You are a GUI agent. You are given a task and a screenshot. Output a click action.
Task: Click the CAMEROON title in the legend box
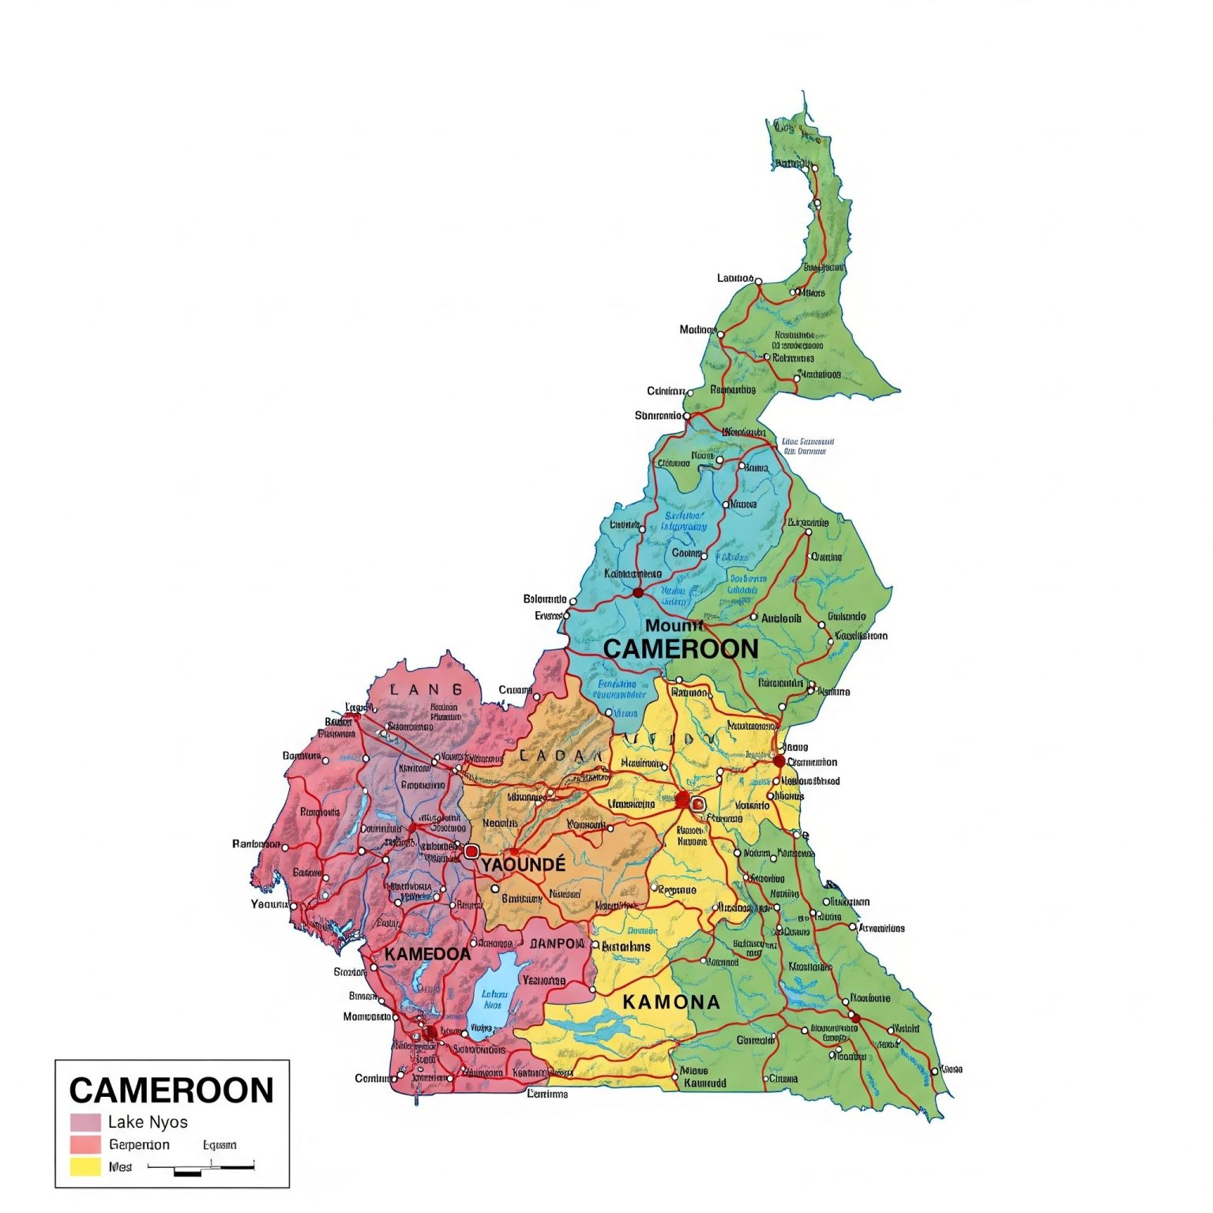[171, 1091]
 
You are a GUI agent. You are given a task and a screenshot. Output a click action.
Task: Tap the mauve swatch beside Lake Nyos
[85, 1122]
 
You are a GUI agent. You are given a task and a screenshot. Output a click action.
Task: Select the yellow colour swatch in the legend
[85, 1166]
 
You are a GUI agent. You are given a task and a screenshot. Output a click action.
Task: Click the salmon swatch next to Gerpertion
[85, 1144]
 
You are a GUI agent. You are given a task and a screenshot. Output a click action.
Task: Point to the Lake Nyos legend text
[148, 1122]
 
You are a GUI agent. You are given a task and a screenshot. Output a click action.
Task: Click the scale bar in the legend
[201, 1167]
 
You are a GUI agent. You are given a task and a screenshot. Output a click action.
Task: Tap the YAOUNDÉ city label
[524, 865]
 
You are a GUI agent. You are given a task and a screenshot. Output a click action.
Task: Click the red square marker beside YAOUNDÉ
[471, 851]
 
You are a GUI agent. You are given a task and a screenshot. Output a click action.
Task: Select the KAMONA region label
[671, 1002]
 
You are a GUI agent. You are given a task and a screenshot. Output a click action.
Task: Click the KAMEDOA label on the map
[427, 954]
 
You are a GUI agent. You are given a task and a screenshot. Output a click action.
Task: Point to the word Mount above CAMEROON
[674, 626]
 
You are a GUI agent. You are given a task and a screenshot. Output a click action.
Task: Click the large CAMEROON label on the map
[681, 649]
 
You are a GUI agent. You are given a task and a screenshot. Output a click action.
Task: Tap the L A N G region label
[426, 690]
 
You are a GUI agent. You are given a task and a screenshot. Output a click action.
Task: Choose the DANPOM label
[557, 944]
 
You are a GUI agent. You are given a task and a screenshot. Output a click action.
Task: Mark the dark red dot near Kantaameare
[638, 592]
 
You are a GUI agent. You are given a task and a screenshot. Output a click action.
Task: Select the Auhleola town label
[780, 618]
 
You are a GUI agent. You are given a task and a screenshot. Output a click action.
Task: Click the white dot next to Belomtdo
[573, 601]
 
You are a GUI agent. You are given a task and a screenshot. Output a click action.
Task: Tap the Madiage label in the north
[697, 329]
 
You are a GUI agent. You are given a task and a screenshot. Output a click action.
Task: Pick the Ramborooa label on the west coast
[256, 844]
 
